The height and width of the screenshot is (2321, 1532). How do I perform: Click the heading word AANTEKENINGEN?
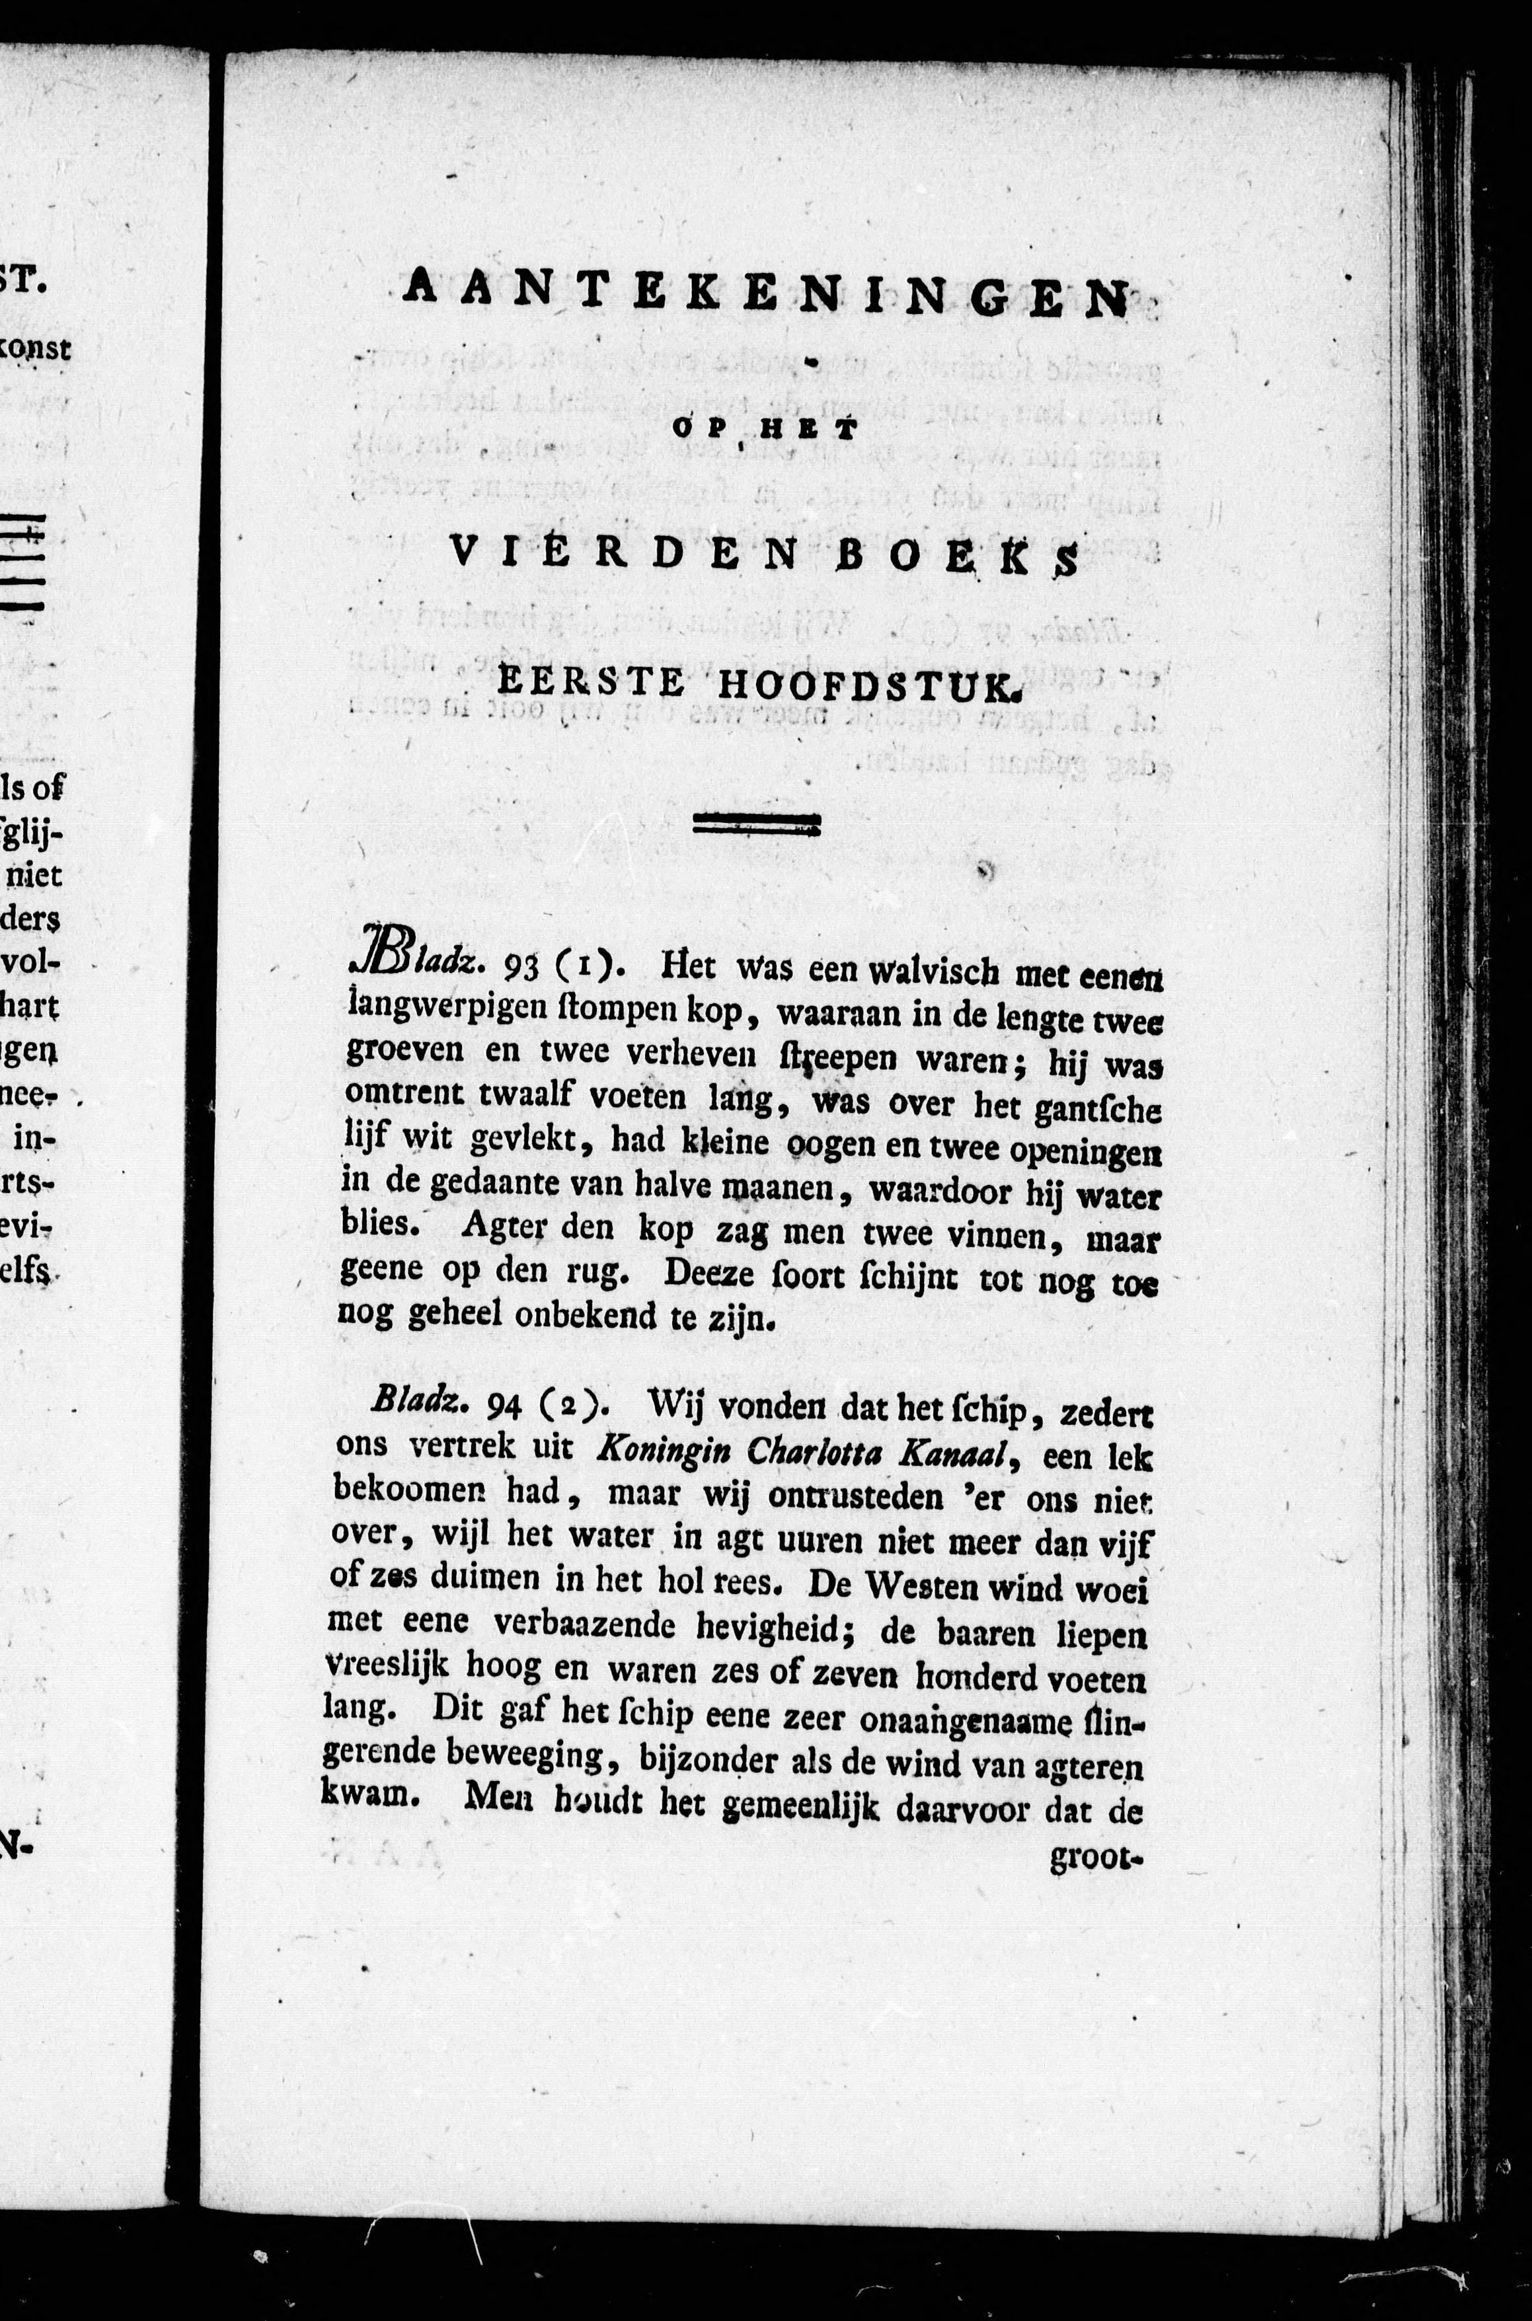[767, 292]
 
